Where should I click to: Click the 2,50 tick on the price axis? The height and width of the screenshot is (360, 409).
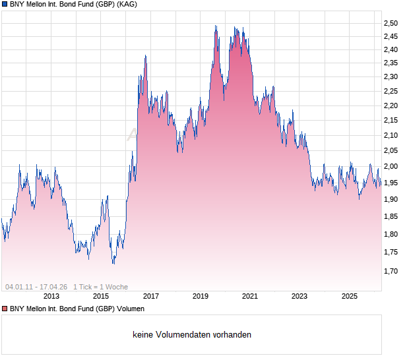tap(391, 23)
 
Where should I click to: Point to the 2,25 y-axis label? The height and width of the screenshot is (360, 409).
tap(391, 90)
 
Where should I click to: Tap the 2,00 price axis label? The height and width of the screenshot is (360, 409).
tap(391, 167)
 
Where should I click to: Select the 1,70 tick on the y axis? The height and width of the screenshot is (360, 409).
tap(391, 270)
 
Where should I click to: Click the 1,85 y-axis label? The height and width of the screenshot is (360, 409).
tap(391, 216)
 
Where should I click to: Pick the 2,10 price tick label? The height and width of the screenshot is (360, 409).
tap(391, 135)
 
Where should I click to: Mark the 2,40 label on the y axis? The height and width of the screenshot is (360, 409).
tap(391, 49)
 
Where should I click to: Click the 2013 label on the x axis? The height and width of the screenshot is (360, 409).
tap(51, 296)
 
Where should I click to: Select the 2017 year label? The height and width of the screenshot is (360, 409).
tap(150, 296)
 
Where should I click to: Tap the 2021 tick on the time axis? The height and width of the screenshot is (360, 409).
tap(250, 296)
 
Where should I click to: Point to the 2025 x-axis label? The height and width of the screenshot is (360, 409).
tap(350, 296)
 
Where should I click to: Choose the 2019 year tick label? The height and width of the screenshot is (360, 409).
tap(201, 296)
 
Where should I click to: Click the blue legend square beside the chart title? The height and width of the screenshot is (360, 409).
tap(5, 5)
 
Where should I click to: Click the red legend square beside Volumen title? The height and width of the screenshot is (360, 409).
tap(5, 309)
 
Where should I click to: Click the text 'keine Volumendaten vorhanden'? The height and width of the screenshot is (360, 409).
tap(192, 335)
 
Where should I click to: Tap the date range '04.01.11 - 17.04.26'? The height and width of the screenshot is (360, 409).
tap(36, 287)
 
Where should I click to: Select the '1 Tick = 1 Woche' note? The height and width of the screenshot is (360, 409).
tap(100, 287)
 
